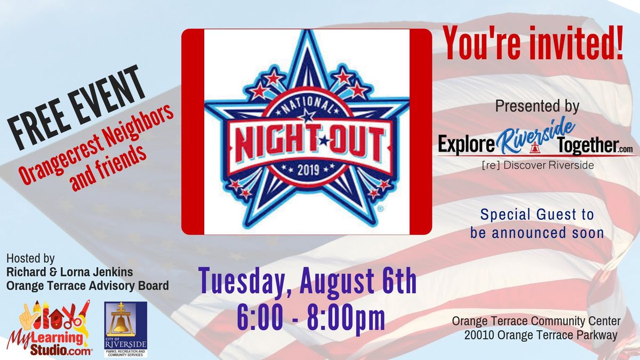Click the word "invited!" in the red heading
[x=575, y=43]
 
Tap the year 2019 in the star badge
[x=308, y=171]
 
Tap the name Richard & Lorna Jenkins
[x=69, y=272]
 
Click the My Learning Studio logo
[x=49, y=329]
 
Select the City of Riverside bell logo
[x=126, y=329]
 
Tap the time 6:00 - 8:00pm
[x=311, y=318]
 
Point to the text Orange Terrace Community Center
[x=537, y=321]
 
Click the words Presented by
[x=537, y=106]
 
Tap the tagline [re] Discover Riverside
[x=538, y=165]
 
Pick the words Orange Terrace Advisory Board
[x=87, y=286]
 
